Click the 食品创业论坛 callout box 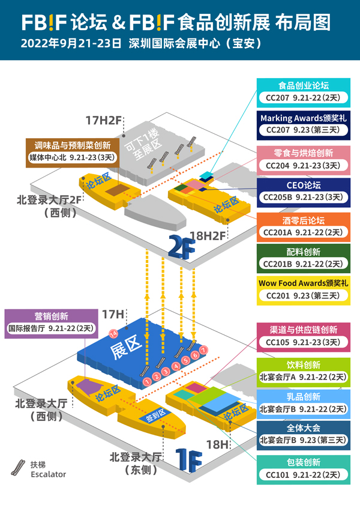[x=304, y=91]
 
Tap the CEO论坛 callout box [x=304, y=190]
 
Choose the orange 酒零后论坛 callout [x=304, y=225]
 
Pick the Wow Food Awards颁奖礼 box [x=304, y=289]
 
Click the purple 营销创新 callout [x=51, y=322]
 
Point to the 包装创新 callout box [x=304, y=468]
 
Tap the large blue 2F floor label [x=183, y=247]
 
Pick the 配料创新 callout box [x=304, y=257]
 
